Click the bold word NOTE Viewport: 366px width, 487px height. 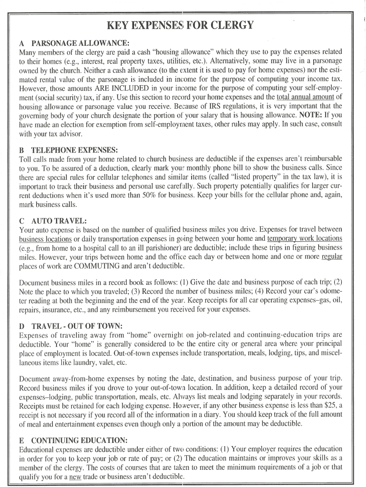[x=308, y=115]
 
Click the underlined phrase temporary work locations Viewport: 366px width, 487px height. [x=304, y=238]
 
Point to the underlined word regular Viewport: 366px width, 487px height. [x=332, y=257]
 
